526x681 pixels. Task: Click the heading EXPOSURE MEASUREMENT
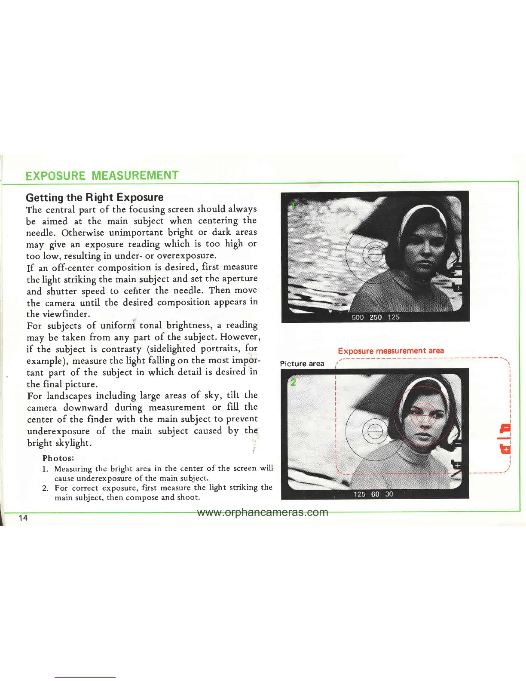click(102, 175)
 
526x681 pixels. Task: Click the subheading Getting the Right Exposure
click(95, 197)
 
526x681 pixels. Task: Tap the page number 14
click(23, 518)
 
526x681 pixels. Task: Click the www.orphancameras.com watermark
click(263, 512)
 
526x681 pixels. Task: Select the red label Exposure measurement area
click(391, 351)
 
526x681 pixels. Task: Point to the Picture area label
click(302, 363)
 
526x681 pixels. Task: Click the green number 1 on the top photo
click(293, 206)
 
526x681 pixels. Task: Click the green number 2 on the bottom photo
click(293, 382)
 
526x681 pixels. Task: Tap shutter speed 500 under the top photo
click(358, 317)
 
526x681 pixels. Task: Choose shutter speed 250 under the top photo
click(376, 317)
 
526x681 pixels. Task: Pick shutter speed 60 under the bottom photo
click(375, 494)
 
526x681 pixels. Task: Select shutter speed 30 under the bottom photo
click(389, 494)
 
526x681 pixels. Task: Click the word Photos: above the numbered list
click(58, 458)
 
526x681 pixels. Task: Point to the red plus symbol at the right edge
click(507, 449)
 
